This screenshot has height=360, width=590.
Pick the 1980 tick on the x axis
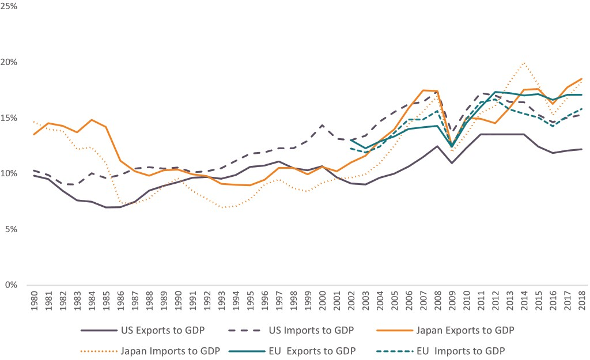[35, 302]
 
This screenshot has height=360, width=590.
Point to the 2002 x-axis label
[352, 302]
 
